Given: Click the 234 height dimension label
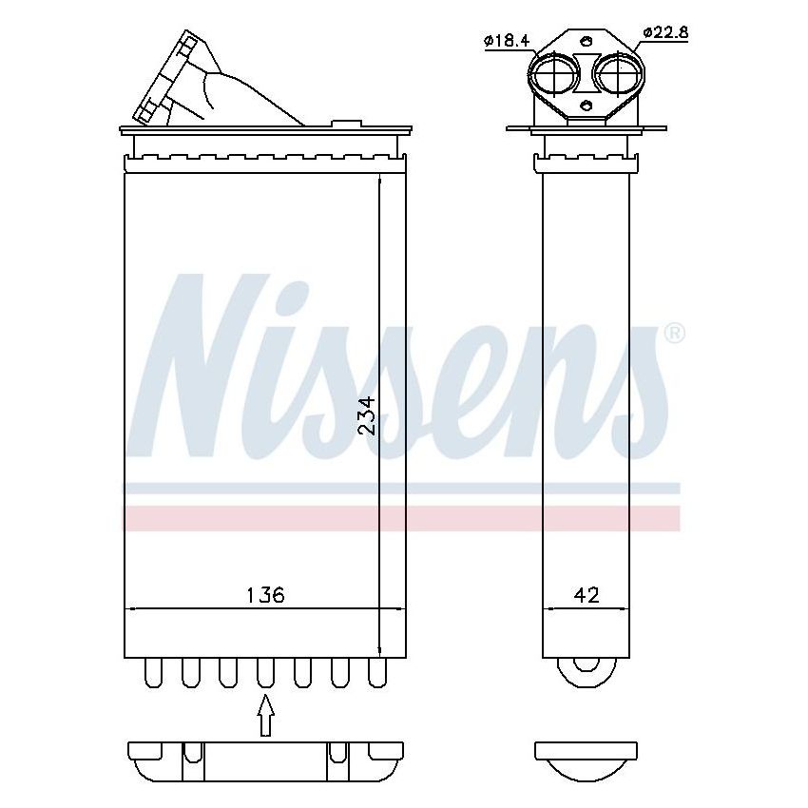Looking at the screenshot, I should pyautogui.click(x=366, y=415).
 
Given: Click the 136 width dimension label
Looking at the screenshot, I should pyautogui.click(x=265, y=595).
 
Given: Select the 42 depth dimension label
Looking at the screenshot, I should pyautogui.click(x=587, y=595).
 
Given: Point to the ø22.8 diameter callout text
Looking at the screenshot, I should pyautogui.click(x=665, y=32).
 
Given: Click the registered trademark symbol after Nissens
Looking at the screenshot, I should pyautogui.click(x=673, y=334).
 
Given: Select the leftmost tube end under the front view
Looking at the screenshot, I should pyautogui.click(x=151, y=673).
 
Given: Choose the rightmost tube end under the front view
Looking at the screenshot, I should pyautogui.click(x=378, y=673).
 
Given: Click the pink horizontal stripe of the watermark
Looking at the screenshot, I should pyautogui.click(x=399, y=518).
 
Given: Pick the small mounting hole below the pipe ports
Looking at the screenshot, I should pyautogui.click(x=587, y=106).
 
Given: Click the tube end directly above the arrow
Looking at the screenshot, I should pyautogui.click(x=265, y=673).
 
